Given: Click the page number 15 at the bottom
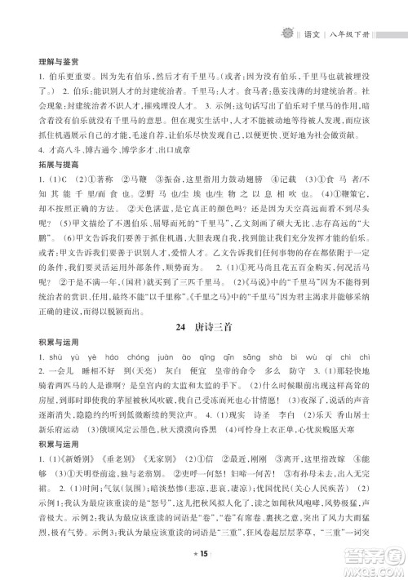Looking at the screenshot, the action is tap(205, 556).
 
